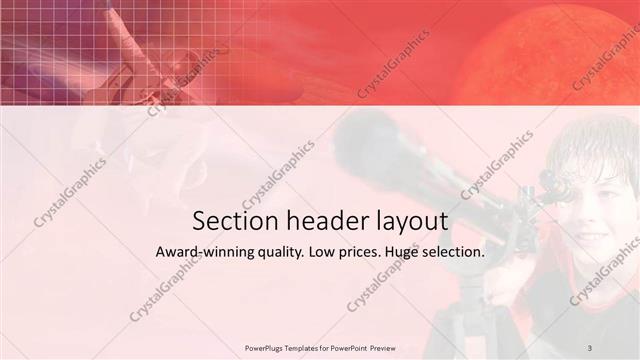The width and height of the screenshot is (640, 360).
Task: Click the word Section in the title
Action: tap(227, 220)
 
